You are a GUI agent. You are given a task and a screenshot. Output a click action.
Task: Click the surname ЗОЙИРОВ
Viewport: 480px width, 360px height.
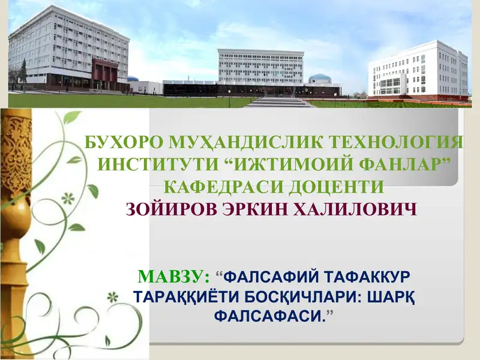click(174, 209)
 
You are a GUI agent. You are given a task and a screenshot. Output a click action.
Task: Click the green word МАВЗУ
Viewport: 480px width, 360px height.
click(173, 277)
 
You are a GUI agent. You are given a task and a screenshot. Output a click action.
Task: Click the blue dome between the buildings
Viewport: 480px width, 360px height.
click(319, 79)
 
